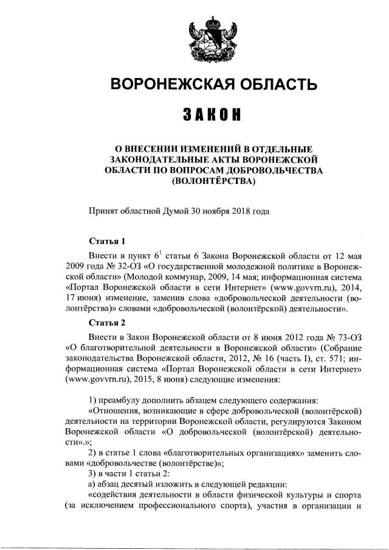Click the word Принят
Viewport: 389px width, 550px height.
(103, 212)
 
